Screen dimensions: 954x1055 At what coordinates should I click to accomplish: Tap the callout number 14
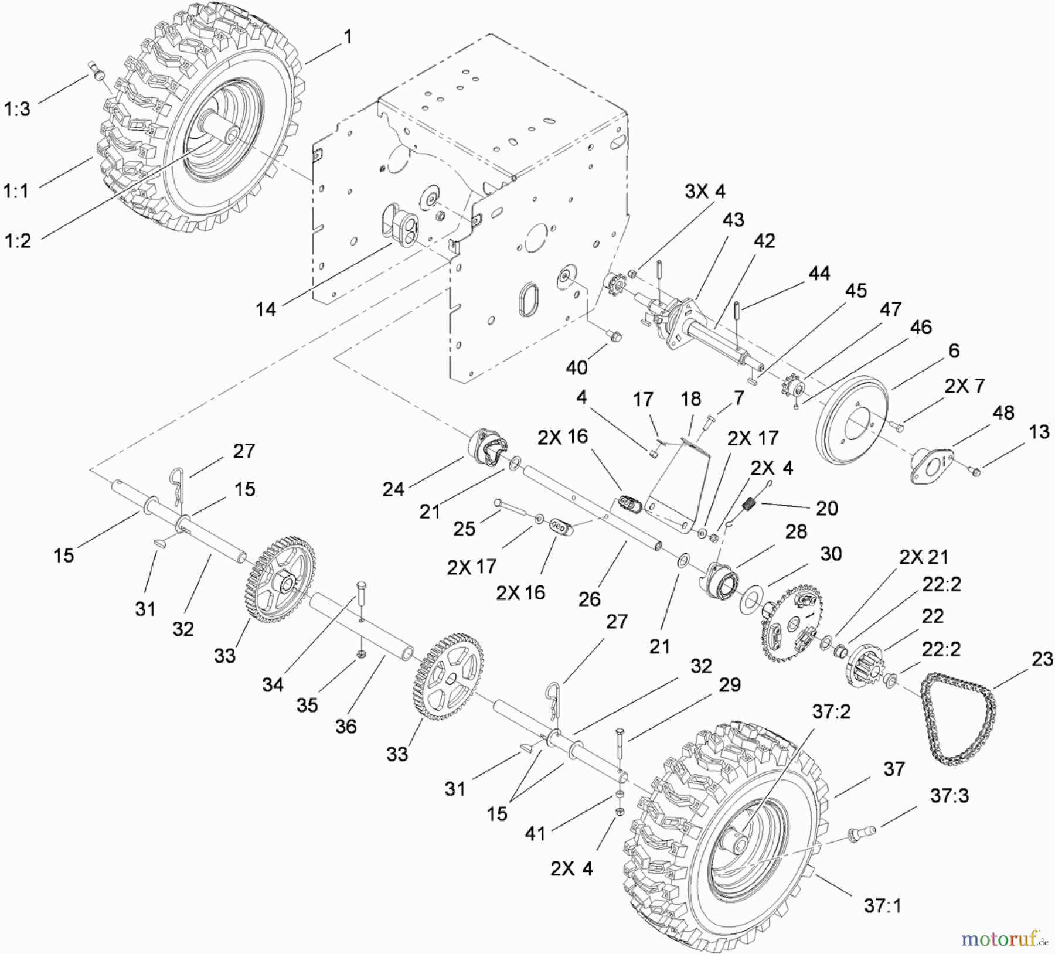pos(266,309)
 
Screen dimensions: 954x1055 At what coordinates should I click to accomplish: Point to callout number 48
pos(1003,413)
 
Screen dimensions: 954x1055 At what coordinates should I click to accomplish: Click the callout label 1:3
pos(17,109)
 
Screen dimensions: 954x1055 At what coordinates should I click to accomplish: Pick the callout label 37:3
pos(949,796)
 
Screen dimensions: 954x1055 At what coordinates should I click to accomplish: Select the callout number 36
pos(346,727)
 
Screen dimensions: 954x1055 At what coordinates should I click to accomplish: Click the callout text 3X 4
pos(705,192)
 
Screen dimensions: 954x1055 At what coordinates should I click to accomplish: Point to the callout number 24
pos(393,489)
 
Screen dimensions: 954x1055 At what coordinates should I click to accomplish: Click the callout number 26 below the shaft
pos(589,599)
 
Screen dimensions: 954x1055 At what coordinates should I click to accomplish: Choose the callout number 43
pos(733,220)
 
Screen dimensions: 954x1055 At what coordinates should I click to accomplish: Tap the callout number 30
pos(831,554)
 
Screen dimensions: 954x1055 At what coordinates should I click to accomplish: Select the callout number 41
pos(535,833)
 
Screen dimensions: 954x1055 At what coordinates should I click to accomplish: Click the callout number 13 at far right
pos(1039,432)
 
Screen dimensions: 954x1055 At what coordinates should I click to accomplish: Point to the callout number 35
pos(307,705)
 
